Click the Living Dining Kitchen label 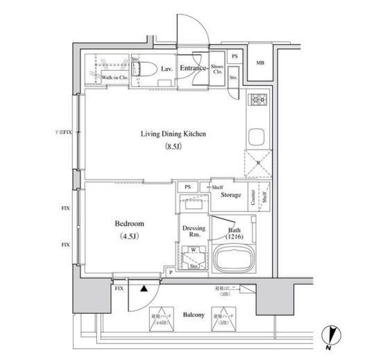(x=164, y=134)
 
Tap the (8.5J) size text (x=164, y=147)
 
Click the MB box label (x=260, y=64)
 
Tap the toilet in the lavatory (x=147, y=69)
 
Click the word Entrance (x=195, y=69)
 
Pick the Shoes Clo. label (x=217, y=69)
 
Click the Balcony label (x=193, y=316)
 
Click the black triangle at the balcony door (x=142, y=286)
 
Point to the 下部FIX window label (x=65, y=132)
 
